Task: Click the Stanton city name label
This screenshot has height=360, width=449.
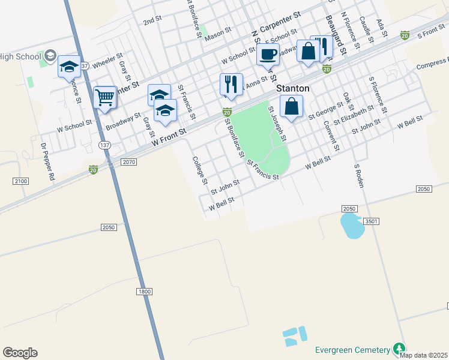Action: [292, 88]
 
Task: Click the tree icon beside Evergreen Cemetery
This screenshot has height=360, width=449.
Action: [398, 349]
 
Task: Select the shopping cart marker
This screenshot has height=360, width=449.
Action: [105, 97]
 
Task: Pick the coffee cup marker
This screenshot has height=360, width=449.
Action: [268, 54]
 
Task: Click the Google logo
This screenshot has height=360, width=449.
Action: [20, 353]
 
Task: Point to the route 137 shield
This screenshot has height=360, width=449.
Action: [105, 145]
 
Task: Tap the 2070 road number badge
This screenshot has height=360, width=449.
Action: [129, 162]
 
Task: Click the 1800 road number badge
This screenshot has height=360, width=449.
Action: [144, 291]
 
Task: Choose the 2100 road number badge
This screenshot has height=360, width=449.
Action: [20, 181]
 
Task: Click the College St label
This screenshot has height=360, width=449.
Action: [199, 170]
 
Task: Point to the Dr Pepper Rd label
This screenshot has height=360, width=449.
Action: [47, 161]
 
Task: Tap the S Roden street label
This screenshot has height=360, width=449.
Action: [360, 175]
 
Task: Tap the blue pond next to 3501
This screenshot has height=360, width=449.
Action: [351, 225]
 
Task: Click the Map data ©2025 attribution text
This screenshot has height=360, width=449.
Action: [423, 355]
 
